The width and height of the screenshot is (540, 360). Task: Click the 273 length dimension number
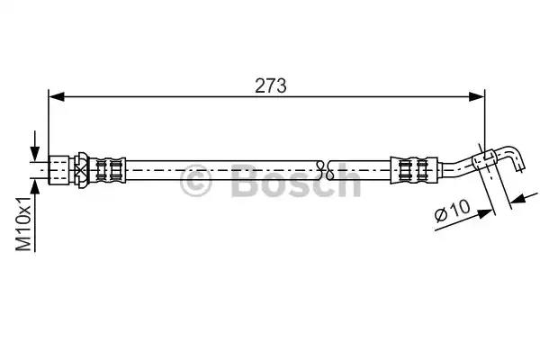coord(270,85)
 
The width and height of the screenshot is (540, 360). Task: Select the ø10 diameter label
coord(452,211)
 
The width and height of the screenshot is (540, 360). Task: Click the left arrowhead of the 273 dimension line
coord(57,97)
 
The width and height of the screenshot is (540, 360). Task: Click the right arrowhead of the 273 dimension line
coord(477,97)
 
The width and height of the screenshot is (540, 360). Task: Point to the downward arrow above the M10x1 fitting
coord(35,146)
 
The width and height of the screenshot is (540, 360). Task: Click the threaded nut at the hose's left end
coord(58,170)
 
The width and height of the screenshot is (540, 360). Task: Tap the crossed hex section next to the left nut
coord(82,170)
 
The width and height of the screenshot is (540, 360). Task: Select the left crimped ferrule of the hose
coord(107,170)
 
